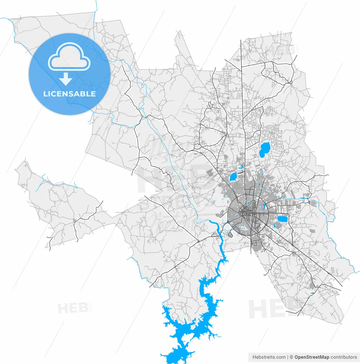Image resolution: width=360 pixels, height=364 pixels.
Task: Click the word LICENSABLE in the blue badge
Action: coord(69,94)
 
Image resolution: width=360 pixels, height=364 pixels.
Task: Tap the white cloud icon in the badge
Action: coord(69,57)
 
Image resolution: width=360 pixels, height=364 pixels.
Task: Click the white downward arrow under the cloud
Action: coord(66,79)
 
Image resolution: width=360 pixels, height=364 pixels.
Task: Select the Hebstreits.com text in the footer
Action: coord(269,357)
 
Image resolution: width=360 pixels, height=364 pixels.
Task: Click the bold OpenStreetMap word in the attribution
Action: coord(312,357)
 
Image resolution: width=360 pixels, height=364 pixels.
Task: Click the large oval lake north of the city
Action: coord(264,150)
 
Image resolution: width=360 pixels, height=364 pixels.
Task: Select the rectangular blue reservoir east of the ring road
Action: coord(282,219)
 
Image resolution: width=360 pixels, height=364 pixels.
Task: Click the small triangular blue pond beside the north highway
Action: coord(242,167)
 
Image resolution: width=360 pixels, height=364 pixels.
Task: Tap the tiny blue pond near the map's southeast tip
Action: coord(313,293)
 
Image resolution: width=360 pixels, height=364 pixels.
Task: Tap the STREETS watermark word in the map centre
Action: coord(176,202)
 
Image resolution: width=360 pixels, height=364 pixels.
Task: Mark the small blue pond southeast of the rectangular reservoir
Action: coord(275,226)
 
